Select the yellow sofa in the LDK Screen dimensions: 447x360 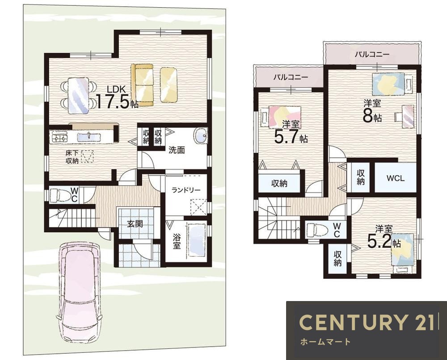[x=142, y=85]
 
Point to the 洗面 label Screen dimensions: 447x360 [x=177, y=150]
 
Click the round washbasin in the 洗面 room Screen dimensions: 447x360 [x=200, y=136]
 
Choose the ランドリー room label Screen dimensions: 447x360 [x=186, y=190]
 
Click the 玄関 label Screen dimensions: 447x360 [x=135, y=224]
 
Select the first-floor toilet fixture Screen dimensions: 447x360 [x=61, y=195]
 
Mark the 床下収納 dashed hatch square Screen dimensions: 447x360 [x=87, y=156]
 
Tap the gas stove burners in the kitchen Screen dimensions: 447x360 [x=59, y=136]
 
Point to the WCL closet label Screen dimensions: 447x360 [x=396, y=178]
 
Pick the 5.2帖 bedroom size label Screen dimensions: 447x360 [x=384, y=242]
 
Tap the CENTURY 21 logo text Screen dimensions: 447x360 [x=367, y=322]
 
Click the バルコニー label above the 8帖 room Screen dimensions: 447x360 [x=372, y=54]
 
